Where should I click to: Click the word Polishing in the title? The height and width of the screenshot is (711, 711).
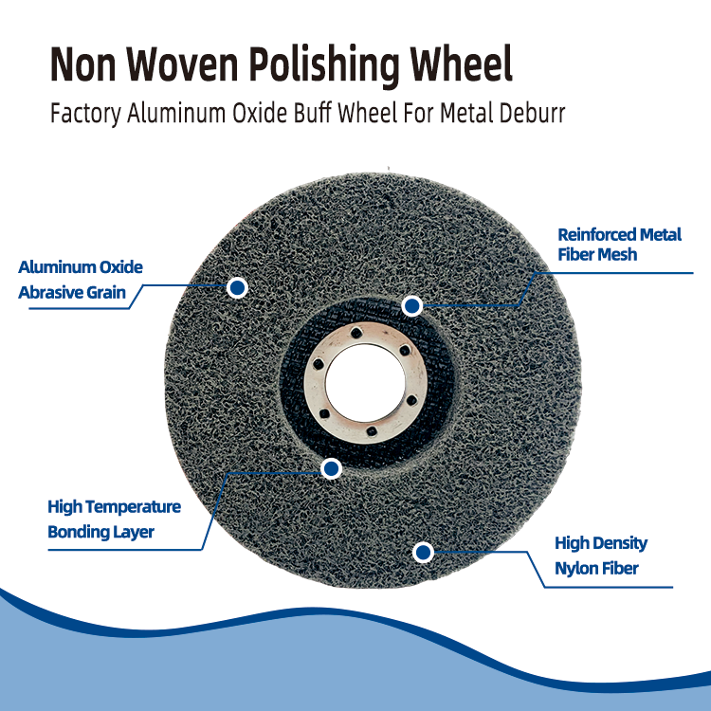coord(324,66)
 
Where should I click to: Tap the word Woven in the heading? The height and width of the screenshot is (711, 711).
coord(182,64)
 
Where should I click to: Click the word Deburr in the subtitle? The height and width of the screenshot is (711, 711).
coord(532,113)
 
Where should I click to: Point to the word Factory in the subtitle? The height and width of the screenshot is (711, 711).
coord(85,115)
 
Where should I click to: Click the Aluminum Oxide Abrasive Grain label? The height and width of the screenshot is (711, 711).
coord(81,280)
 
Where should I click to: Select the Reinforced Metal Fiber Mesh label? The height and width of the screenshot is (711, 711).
coord(619,245)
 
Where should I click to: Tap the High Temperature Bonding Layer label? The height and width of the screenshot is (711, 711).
coord(115,520)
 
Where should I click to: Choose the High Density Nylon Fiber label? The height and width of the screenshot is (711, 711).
coord(601,556)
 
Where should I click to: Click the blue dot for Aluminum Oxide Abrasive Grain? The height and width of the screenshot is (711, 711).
coord(237,287)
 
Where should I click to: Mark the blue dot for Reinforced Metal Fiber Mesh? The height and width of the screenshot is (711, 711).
coord(411,306)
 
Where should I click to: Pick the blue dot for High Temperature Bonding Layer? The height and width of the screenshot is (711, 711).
coord(331,468)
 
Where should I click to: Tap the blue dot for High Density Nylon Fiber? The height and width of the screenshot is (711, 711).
coord(423,553)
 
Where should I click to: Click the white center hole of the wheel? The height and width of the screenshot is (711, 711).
coord(365,382)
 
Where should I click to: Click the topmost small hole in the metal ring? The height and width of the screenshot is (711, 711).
coord(356,335)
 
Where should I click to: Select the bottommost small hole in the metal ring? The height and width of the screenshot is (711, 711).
coord(372,430)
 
